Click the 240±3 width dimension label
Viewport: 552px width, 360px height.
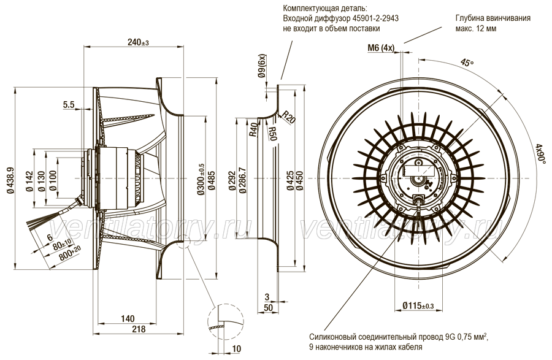[139, 42]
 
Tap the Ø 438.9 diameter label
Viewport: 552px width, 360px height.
[10, 178]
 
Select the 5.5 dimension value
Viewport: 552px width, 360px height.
[69, 104]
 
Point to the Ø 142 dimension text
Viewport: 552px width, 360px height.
[29, 182]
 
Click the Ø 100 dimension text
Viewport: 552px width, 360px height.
[53, 181]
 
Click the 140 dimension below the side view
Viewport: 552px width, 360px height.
[128, 319]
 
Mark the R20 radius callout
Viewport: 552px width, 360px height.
[289, 117]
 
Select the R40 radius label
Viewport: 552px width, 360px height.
[253, 130]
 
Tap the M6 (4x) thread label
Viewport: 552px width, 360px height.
[381, 48]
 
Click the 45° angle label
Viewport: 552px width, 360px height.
[467, 63]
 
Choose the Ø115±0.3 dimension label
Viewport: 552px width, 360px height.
[418, 306]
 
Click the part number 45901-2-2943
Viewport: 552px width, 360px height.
[375, 18]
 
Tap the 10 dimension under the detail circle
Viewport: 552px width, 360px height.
[237, 349]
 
